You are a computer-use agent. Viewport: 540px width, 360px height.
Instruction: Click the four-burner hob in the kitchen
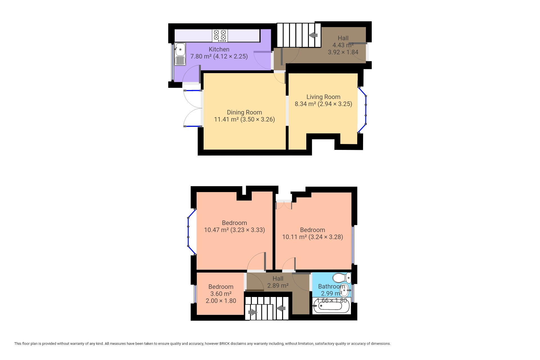coord(220,36)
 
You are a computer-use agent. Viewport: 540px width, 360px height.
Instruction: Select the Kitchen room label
coord(219,49)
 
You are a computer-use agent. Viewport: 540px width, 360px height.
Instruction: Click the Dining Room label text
coord(244,112)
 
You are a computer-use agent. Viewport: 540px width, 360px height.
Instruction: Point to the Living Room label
coord(323,97)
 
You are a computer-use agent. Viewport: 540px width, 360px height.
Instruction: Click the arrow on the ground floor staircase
coord(313,35)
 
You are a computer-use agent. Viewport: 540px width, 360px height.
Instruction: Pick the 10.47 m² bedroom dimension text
coord(235,230)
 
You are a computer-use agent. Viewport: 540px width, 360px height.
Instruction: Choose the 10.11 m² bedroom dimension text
coord(312,237)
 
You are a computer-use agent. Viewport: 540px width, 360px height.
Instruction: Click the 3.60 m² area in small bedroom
coord(221,294)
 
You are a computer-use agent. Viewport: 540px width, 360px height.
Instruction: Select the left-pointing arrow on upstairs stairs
coord(281,308)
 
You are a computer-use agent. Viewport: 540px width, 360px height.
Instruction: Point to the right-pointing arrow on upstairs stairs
coord(253,312)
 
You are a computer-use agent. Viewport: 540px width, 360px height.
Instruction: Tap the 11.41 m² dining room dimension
coord(244,119)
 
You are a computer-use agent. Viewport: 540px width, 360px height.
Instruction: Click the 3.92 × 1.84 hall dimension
coord(343,52)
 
